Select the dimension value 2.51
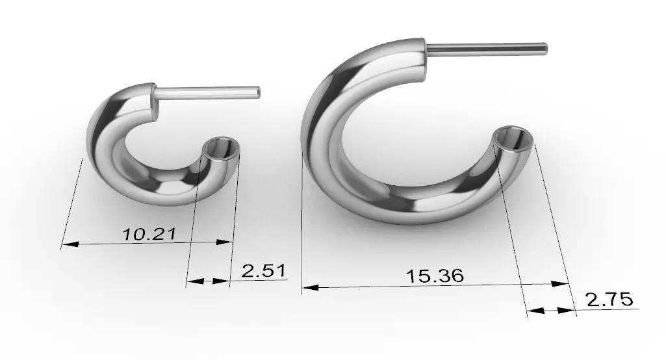264,271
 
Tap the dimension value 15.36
435,276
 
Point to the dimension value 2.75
609,300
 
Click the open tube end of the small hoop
220,148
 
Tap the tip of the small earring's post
259,92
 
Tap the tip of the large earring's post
545,49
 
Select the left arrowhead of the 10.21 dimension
70,244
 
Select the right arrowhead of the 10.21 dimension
224,242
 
